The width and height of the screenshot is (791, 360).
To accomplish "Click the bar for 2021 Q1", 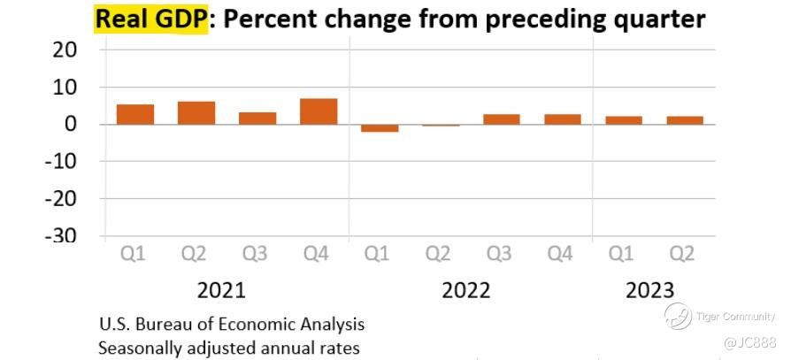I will (135, 114).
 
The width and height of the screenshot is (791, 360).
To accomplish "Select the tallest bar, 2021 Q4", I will (319, 111).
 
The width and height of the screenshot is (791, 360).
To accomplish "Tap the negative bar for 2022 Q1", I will (380, 128).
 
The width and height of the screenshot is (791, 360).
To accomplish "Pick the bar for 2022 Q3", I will (501, 119).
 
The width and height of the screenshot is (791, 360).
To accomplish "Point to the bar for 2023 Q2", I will (685, 120).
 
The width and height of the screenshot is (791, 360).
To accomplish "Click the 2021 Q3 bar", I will (257, 118).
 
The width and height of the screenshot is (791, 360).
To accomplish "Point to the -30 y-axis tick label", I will (59, 236).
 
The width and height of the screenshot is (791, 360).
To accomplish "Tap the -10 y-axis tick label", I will (60, 162).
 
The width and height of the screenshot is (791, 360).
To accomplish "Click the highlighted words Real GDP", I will (150, 19).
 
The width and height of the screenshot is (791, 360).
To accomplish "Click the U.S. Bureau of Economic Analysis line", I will (232, 324).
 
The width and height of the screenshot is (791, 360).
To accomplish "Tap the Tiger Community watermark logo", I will (679, 316).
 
